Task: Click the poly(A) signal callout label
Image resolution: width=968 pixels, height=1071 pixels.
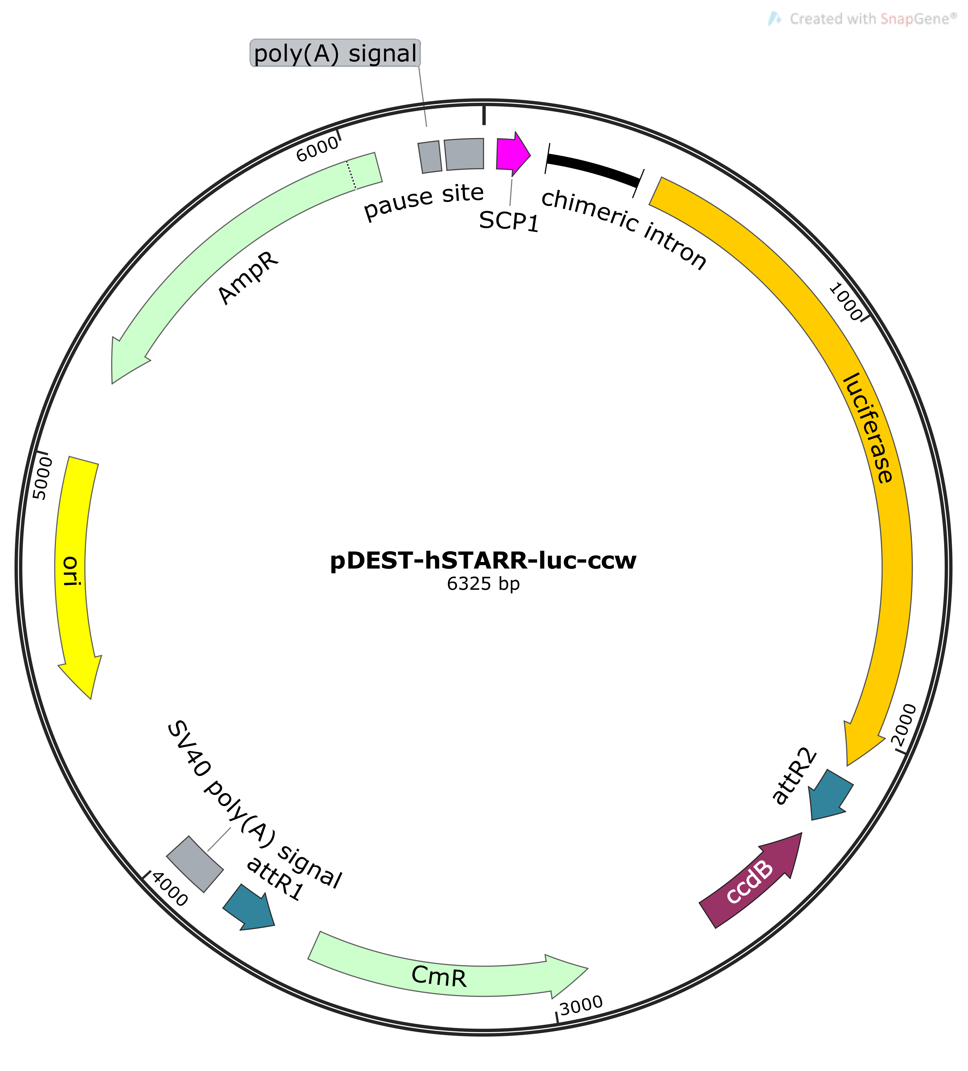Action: [335, 53]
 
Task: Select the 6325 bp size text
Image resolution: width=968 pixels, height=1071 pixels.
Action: [483, 584]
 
